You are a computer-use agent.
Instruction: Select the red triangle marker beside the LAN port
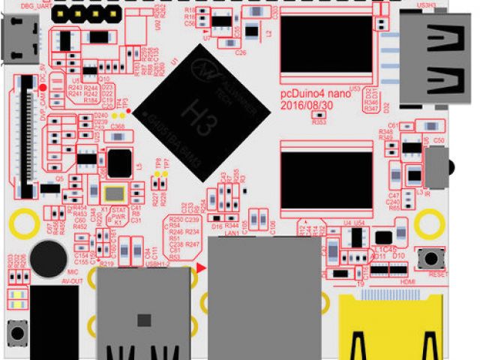[200, 268]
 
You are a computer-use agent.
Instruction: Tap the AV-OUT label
[73, 280]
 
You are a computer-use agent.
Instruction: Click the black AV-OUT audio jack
[54, 322]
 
